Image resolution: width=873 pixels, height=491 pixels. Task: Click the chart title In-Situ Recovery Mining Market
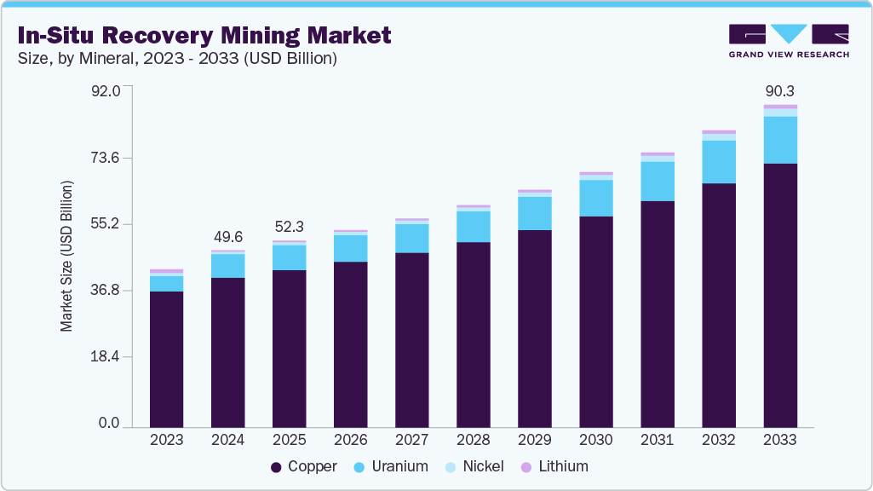pos(204,35)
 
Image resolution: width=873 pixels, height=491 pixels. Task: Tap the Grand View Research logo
pos(789,41)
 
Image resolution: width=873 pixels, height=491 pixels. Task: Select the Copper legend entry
pos(304,466)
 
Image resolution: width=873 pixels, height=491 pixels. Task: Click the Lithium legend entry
pos(554,466)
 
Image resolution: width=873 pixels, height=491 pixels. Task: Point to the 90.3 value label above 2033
pos(780,91)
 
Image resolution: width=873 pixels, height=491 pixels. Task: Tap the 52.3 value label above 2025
pos(290,228)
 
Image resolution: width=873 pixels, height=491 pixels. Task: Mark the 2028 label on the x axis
pos(474,440)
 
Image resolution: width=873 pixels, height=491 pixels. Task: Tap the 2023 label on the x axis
pos(166,440)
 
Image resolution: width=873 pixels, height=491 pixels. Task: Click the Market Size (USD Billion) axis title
pos(66,256)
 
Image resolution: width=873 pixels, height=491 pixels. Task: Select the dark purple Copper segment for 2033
pos(780,294)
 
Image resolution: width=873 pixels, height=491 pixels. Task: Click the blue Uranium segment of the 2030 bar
pos(596,198)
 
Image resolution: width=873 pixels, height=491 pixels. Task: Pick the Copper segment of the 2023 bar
pos(166,358)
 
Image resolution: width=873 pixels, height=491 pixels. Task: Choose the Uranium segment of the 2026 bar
pos(351,248)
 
